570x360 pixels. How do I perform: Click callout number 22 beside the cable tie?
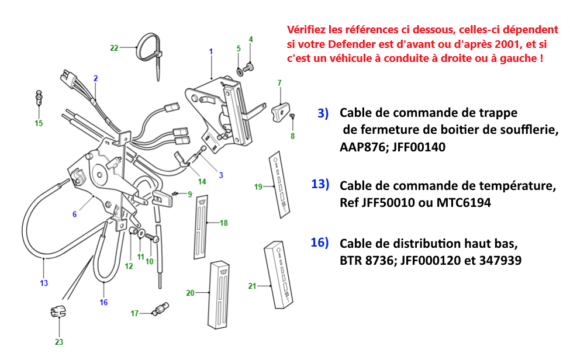tap(114, 48)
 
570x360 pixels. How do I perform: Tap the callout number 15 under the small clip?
tap(39, 123)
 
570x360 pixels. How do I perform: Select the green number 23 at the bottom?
tap(59, 342)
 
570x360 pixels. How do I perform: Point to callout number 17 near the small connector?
tap(134, 314)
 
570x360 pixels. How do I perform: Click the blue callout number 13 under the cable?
tap(44, 283)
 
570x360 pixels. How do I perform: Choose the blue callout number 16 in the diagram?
tap(103, 302)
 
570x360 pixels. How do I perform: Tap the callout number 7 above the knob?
tap(279, 83)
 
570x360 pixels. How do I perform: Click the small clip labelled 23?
tap(57, 312)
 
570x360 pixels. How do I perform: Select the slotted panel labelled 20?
tap(219, 293)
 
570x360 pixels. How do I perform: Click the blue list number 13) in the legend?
tap(320, 185)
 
